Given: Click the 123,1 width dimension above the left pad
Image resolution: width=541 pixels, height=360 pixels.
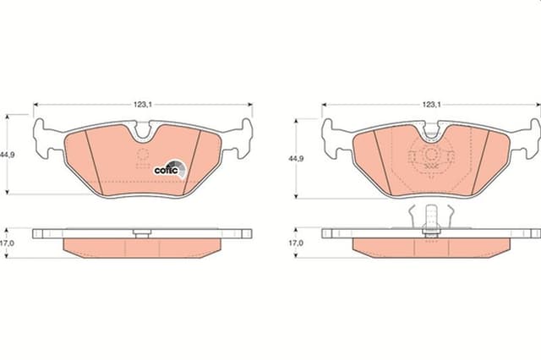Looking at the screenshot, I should point(142,105).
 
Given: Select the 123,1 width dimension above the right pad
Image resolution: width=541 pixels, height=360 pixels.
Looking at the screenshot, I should point(430,105).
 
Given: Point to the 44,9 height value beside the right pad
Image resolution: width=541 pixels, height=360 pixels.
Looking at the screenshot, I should point(297,158).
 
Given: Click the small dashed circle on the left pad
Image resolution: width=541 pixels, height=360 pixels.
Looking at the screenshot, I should point(143,155).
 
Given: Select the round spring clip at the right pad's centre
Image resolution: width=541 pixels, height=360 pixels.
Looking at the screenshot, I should point(431,155).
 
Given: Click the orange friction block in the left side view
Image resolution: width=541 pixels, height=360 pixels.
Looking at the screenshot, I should point(143,248).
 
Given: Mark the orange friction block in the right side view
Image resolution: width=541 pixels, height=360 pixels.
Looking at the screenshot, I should point(431,248).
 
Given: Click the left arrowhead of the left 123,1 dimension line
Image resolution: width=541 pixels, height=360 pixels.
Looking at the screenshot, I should point(36,105).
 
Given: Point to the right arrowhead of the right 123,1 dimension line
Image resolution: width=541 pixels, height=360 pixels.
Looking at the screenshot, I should point(538,105).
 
